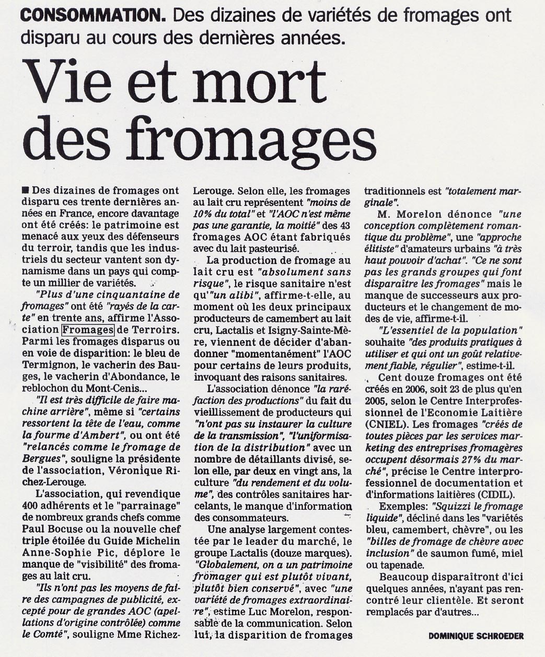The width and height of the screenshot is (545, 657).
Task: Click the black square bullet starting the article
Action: [26, 190]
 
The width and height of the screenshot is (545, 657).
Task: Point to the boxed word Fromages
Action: [88, 330]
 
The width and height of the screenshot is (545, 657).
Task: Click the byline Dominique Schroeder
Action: [476, 636]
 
